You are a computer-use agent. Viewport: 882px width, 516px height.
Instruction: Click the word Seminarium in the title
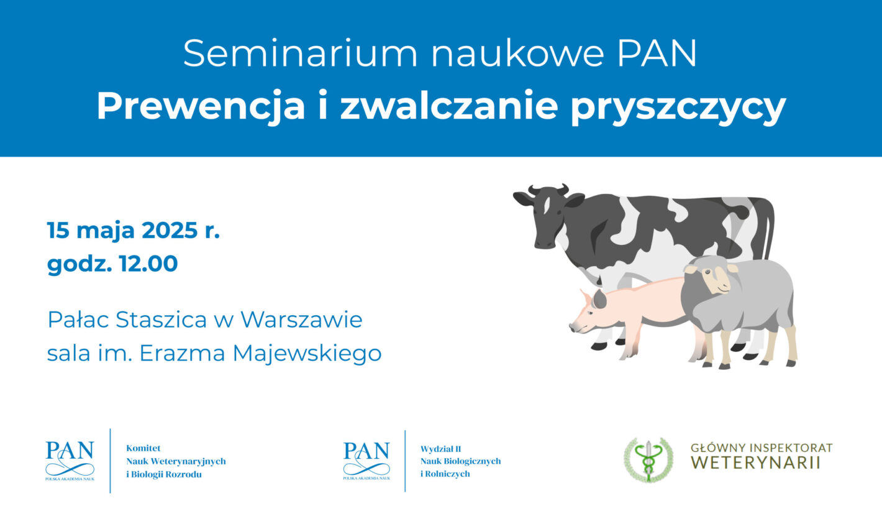[x=300, y=53]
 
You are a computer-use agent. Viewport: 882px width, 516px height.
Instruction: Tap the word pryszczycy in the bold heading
[x=678, y=108]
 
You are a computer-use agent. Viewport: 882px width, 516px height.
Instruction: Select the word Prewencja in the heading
[x=201, y=107]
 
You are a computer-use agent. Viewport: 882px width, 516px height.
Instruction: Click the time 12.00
[x=148, y=264]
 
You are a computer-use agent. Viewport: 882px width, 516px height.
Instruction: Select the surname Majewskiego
[x=307, y=354]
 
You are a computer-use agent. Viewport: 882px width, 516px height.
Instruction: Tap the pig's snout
[x=576, y=326]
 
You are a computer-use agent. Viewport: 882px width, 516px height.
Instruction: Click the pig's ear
[x=599, y=299]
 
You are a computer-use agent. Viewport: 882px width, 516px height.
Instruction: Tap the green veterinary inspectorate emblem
[x=648, y=460]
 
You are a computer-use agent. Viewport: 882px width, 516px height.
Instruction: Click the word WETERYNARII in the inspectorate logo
[x=756, y=463]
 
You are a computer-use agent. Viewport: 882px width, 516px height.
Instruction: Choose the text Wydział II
[x=440, y=449]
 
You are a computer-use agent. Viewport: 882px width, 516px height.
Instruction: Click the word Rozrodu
[x=183, y=474]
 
